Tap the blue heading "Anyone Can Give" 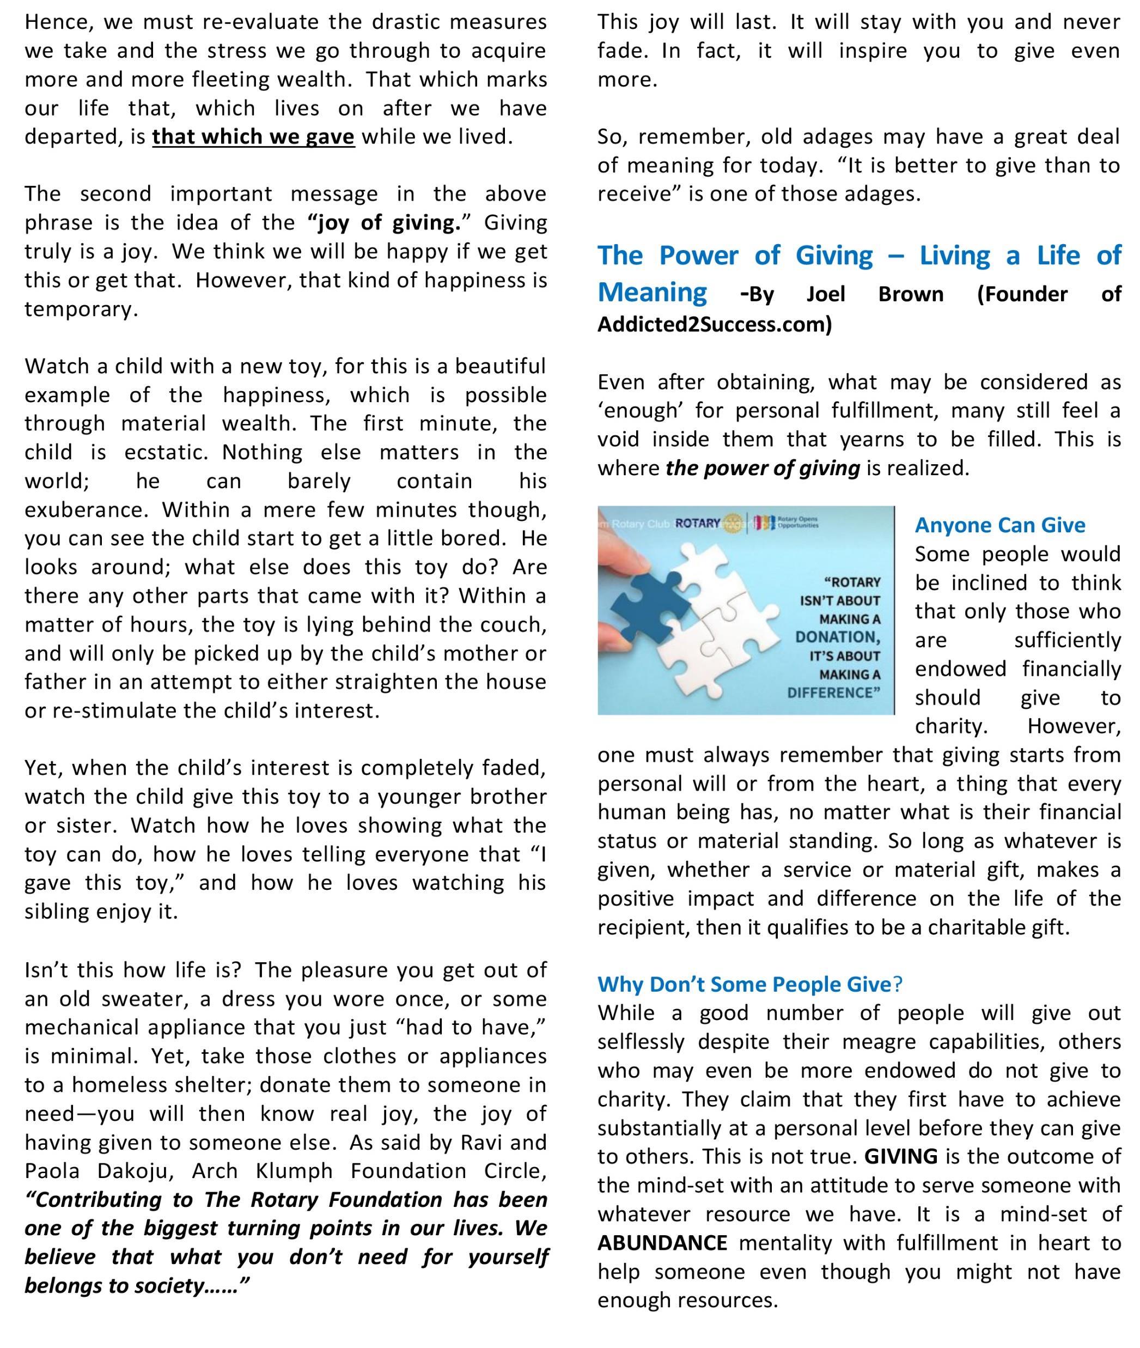(1000, 525)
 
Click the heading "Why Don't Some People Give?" (749, 984)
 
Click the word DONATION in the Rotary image (838, 637)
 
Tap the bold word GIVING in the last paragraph (901, 1156)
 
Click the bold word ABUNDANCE (662, 1243)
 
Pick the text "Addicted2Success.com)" (715, 324)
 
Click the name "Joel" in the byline (826, 295)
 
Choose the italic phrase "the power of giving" (763, 468)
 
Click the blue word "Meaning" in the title (652, 293)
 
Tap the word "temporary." (82, 309)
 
